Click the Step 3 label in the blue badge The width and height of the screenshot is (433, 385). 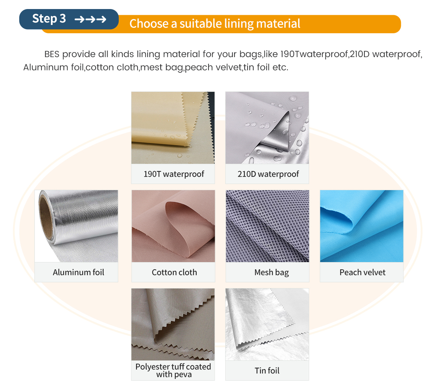pyautogui.click(x=49, y=19)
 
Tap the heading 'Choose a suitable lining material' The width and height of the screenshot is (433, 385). pyautogui.click(x=215, y=23)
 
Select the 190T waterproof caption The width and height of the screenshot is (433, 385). pyautogui.click(x=174, y=174)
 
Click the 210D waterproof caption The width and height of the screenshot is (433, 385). pyautogui.click(x=268, y=174)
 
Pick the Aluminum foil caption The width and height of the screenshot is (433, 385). pyautogui.click(x=78, y=272)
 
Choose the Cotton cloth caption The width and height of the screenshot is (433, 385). pyautogui.click(x=174, y=272)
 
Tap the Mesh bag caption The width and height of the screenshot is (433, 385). pyautogui.click(x=271, y=273)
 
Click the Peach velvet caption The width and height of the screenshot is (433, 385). pyautogui.click(x=363, y=272)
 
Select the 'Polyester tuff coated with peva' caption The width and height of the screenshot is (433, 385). pyautogui.click(x=173, y=371)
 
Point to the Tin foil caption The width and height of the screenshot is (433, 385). pyautogui.click(x=267, y=371)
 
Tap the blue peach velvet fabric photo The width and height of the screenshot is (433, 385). pyautogui.click(x=362, y=226)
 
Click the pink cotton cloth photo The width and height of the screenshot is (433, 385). pyautogui.click(x=173, y=226)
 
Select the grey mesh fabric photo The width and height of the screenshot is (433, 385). pyautogui.click(x=267, y=226)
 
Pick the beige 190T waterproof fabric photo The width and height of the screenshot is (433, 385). pyautogui.click(x=173, y=128)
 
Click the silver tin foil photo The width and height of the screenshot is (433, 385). pyautogui.click(x=267, y=324)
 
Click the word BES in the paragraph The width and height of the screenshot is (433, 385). pyautogui.click(x=52, y=54)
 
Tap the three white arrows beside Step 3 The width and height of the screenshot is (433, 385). pyautogui.click(x=90, y=19)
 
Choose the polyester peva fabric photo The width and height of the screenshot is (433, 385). pyautogui.click(x=173, y=324)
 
